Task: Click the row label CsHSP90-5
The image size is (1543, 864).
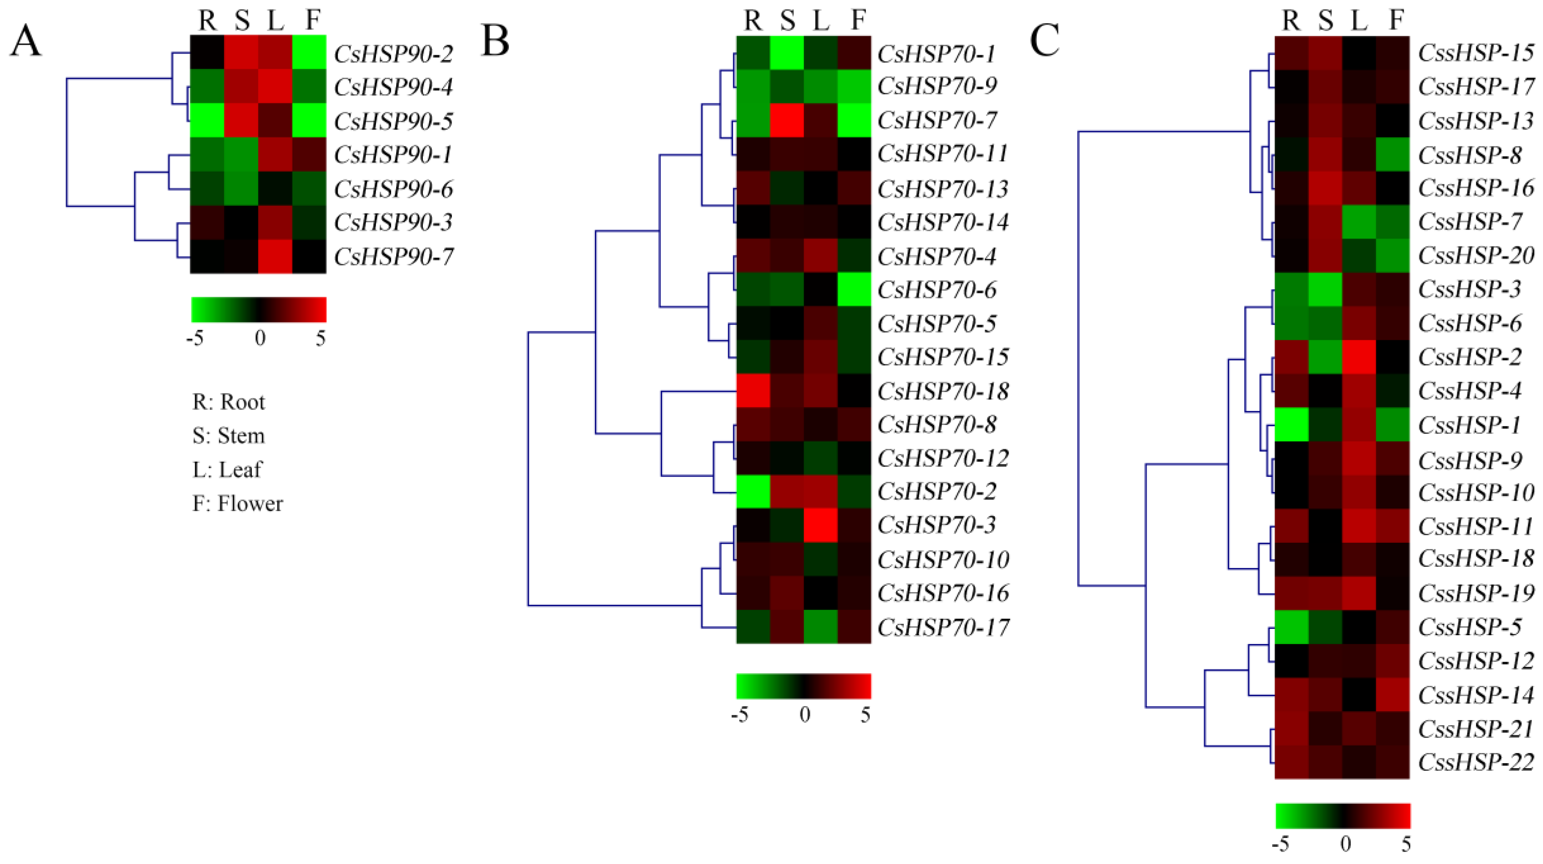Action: [x=393, y=121]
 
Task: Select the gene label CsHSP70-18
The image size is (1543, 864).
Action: [x=943, y=391]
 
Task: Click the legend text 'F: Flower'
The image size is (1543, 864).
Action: [x=237, y=503]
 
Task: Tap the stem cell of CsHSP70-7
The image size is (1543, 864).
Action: [x=786, y=120]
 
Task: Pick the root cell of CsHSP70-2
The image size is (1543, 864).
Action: [x=753, y=492]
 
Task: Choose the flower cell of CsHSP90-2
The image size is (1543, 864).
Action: [x=309, y=53]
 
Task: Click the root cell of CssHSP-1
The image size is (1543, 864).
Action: [x=1292, y=425]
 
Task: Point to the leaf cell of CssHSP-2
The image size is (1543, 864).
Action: [x=1359, y=357]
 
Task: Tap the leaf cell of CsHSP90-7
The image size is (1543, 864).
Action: [x=275, y=257]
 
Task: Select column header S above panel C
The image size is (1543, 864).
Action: [x=1326, y=21]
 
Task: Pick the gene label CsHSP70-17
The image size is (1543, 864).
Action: [x=943, y=627]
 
